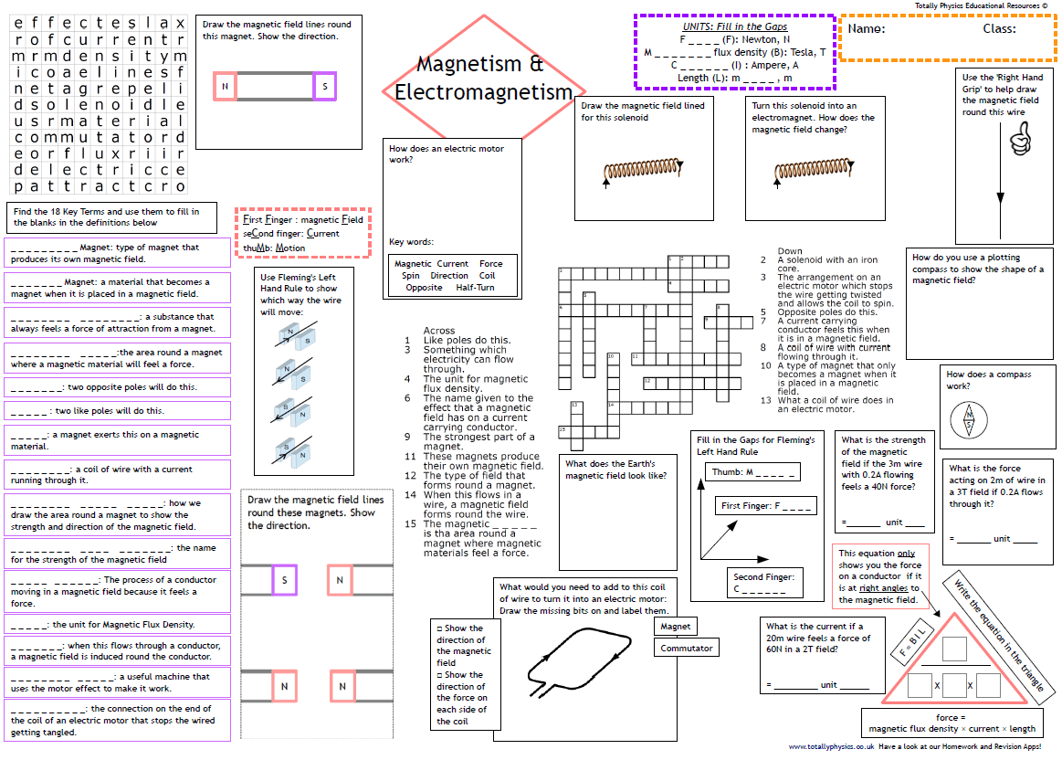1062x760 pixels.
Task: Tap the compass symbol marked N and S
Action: [968, 422]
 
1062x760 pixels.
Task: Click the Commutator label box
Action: [686, 648]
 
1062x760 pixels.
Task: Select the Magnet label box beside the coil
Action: [675, 627]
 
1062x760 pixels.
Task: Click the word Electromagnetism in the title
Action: [483, 92]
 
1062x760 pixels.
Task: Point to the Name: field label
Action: [867, 28]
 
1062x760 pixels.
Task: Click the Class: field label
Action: [999, 28]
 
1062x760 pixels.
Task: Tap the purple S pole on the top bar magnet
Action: [324, 87]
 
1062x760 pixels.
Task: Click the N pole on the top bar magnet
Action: [225, 87]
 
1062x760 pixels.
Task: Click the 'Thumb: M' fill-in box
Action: [752, 472]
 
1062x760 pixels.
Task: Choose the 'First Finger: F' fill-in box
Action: [765, 505]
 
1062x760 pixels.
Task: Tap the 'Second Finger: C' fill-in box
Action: [763, 583]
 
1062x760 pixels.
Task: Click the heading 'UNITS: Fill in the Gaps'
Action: [735, 26]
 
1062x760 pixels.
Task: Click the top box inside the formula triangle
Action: [953, 649]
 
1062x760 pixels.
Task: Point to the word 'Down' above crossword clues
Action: [790, 251]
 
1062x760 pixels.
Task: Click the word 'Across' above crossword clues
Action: [439, 331]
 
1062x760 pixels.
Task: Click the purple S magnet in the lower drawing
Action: [284, 580]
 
